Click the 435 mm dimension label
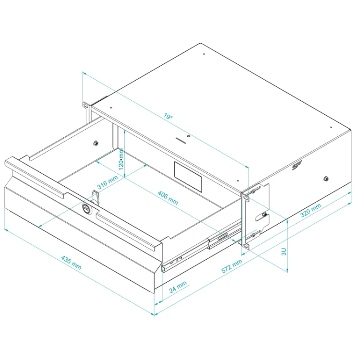(x=71, y=263)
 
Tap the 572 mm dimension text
(x=232, y=266)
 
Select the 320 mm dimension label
(x=311, y=210)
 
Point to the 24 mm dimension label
(x=178, y=287)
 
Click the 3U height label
(x=284, y=252)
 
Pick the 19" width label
(x=168, y=116)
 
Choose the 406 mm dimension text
(x=168, y=198)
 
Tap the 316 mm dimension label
(x=108, y=182)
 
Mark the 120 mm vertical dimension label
(x=121, y=159)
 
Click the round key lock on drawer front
(x=87, y=208)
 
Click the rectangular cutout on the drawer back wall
(x=188, y=177)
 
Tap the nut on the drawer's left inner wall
(x=96, y=143)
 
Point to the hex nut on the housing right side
(x=325, y=179)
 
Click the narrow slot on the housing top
(x=180, y=140)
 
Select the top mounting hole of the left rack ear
(x=85, y=106)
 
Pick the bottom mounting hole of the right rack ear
(x=246, y=246)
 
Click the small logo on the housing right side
(x=297, y=165)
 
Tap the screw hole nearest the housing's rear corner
(x=204, y=54)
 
